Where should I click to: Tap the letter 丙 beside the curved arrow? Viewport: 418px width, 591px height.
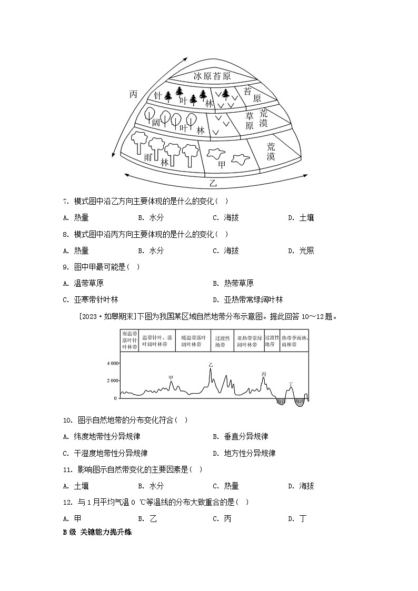133,94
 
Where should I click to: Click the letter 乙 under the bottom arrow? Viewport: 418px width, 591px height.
213,183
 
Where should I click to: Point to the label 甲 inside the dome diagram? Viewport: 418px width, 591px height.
222,164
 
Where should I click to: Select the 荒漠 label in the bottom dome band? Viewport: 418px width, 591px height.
271,151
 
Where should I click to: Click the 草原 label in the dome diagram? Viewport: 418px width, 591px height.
250,121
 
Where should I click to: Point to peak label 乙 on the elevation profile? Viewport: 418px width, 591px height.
211,364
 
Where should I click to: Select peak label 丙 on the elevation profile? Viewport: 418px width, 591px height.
264,374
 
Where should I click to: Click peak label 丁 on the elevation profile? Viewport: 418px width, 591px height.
291,384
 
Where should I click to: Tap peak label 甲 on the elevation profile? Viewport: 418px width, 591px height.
171,377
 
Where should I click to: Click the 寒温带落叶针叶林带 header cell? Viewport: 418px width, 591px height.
130,340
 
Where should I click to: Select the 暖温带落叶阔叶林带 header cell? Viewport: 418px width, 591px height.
192,340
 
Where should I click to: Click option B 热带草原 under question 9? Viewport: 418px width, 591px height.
233,283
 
